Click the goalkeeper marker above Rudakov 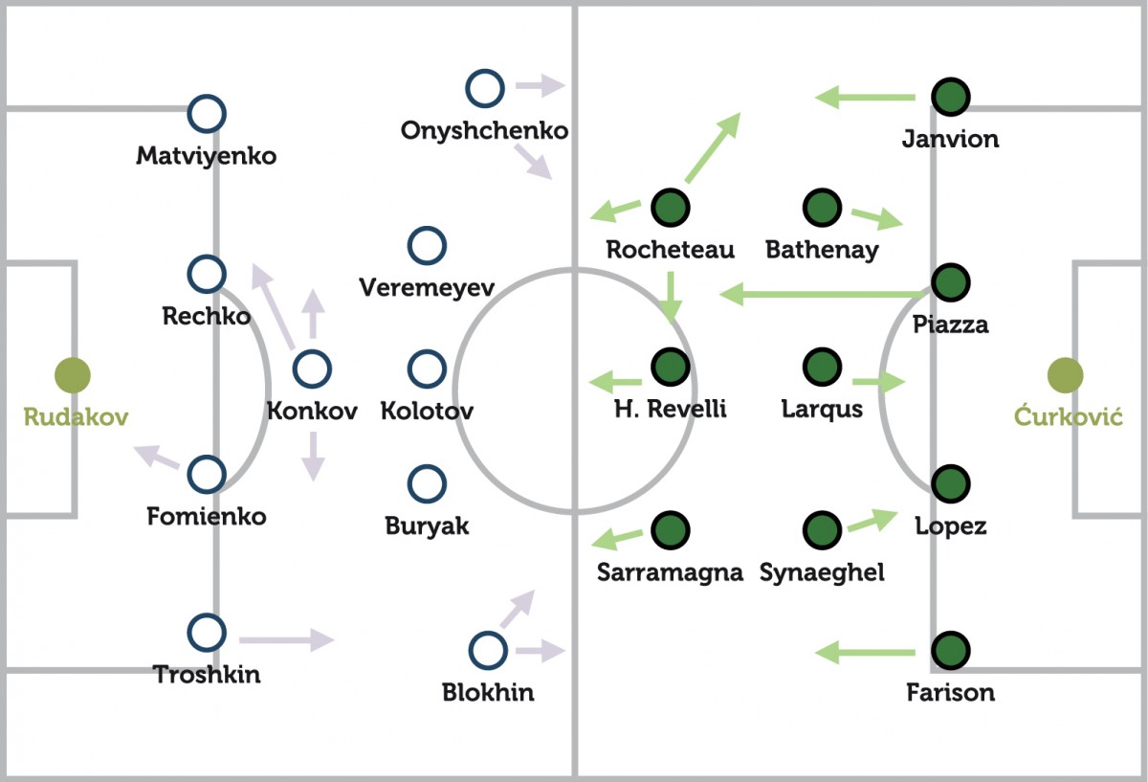tap(72, 375)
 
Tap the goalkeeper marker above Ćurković tap(1064, 375)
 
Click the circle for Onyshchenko tap(485, 88)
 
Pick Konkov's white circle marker tap(312, 369)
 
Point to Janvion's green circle tap(950, 96)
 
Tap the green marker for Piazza tap(950, 281)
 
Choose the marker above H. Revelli tap(670, 366)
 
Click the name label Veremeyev tap(426, 287)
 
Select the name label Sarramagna tap(670, 572)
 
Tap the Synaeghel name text tap(822, 572)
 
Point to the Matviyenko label tap(206, 155)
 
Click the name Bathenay tap(822, 251)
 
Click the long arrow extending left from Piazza tap(823, 293)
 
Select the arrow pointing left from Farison tap(865, 653)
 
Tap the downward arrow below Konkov tap(313, 456)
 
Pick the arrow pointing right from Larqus tap(878, 383)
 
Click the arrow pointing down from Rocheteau tap(671, 297)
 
